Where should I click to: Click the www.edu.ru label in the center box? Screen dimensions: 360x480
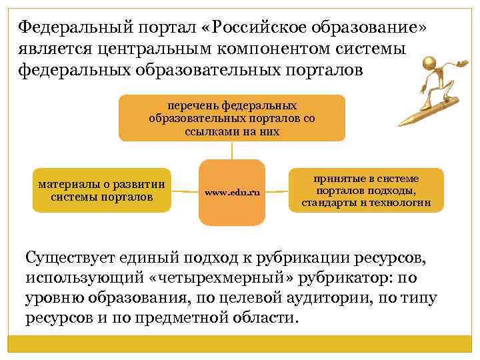point(231,193)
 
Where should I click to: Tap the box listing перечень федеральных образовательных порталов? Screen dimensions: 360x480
point(232,118)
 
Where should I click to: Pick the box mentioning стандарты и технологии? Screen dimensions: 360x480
point(366,191)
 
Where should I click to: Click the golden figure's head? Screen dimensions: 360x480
point(429,65)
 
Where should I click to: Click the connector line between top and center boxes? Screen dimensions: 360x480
point(231,151)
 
